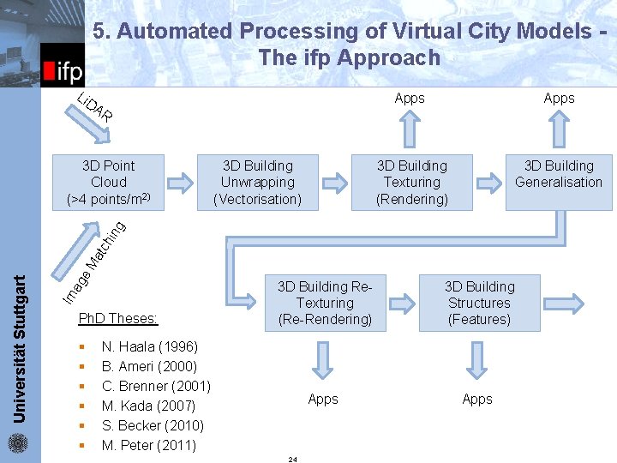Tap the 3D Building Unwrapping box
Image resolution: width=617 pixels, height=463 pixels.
[257, 182]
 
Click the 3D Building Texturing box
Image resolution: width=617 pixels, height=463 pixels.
[411, 182]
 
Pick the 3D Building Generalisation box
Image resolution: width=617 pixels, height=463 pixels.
[559, 182]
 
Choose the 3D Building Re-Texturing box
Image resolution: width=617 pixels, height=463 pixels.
[324, 303]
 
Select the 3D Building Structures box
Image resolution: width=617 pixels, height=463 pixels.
[479, 303]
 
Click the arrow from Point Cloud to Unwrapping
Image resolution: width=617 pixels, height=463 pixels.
[181, 183]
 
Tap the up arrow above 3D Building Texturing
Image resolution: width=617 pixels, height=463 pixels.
[411, 129]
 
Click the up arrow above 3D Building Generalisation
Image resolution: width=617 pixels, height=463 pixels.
[559, 129]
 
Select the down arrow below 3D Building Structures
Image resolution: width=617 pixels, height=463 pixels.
[478, 358]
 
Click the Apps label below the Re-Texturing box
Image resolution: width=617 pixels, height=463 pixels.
[323, 399]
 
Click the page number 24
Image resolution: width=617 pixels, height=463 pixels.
[292, 460]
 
